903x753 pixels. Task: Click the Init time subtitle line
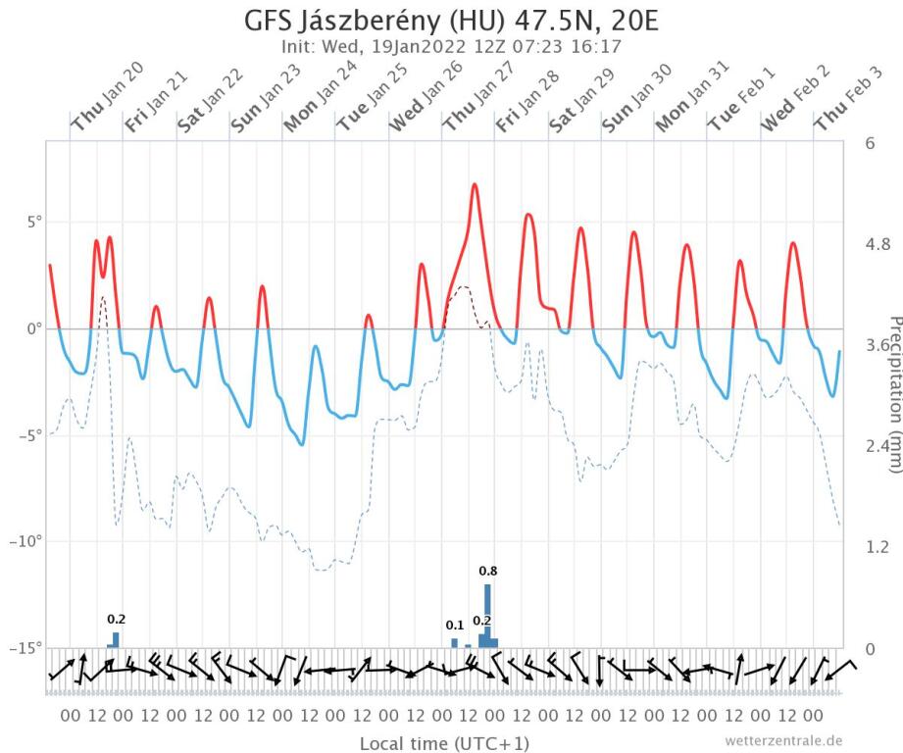450,45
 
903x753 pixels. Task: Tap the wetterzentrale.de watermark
783,740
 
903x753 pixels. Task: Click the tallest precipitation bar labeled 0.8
487,613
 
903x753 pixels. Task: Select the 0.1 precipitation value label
454,626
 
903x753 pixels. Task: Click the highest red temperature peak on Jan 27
475,184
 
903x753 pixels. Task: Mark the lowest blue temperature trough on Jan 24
302,444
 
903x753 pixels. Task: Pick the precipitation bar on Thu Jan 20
116,639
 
